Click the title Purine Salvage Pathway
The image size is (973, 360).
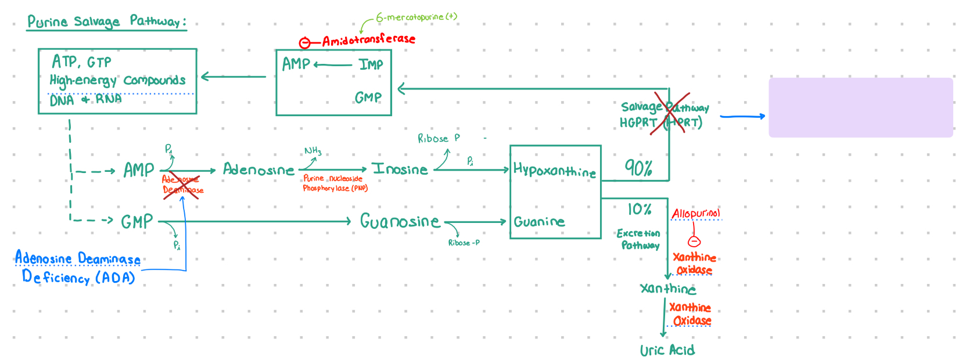click(x=106, y=22)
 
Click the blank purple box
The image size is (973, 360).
click(x=860, y=107)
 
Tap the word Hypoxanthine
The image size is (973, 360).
click(x=554, y=170)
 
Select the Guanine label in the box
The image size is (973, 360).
click(x=539, y=222)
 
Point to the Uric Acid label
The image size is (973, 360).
click(x=667, y=350)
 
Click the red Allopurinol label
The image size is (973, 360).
click(x=695, y=214)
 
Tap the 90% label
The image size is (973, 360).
click(x=638, y=168)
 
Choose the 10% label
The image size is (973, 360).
click(x=639, y=209)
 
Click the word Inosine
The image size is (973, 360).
click(x=400, y=170)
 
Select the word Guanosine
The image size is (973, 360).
click(x=400, y=221)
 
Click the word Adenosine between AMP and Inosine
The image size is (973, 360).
click(x=258, y=170)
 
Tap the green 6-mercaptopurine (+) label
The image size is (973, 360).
click(x=416, y=17)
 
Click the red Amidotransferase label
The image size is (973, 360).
click(x=368, y=40)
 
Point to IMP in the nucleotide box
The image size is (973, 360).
click(x=371, y=64)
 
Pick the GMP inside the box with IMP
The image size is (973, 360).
click(x=368, y=98)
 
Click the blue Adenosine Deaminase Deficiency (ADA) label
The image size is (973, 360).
click(x=78, y=268)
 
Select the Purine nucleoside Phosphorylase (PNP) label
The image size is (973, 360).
click(x=335, y=183)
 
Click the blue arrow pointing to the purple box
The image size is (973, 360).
click(x=742, y=117)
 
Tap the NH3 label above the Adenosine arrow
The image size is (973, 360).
click(x=313, y=152)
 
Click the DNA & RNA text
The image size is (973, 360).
click(x=85, y=99)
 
